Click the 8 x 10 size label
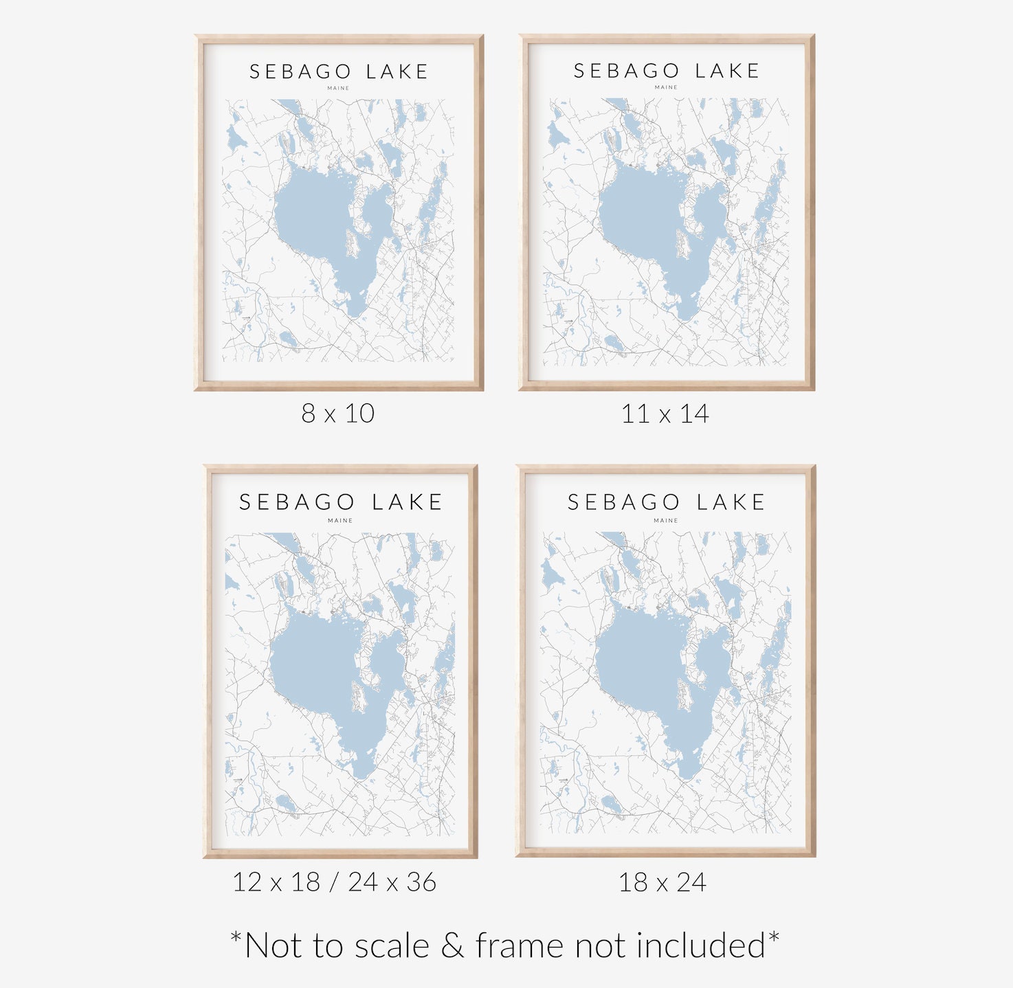click(x=337, y=414)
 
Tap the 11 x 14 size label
click(x=665, y=414)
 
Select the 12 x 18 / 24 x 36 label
click(x=334, y=882)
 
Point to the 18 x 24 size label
click(x=663, y=882)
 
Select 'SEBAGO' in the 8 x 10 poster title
click(x=300, y=72)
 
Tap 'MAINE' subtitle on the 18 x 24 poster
click(x=665, y=521)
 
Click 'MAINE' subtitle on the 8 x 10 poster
click(x=338, y=88)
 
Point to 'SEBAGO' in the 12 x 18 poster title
click(x=297, y=502)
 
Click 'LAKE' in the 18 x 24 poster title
click(x=731, y=502)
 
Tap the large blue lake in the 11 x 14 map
click(x=639, y=213)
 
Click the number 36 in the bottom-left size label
click(x=421, y=882)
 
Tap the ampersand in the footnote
click(x=452, y=946)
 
